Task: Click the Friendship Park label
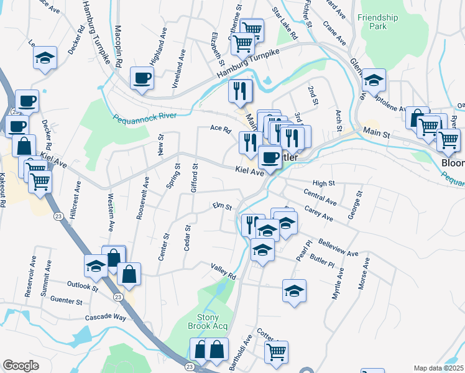click(x=377, y=22)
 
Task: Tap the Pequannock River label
click(x=145, y=117)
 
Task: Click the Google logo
click(x=21, y=366)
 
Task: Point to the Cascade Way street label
click(x=104, y=317)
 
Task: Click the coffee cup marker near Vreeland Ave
click(x=142, y=78)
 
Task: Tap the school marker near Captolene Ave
click(x=374, y=80)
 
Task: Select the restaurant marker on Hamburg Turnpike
click(x=240, y=91)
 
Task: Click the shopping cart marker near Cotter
click(x=275, y=351)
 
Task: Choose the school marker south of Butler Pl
click(x=294, y=290)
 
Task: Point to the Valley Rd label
click(x=223, y=272)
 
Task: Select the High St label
click(x=323, y=183)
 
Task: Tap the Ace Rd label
click(x=220, y=130)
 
